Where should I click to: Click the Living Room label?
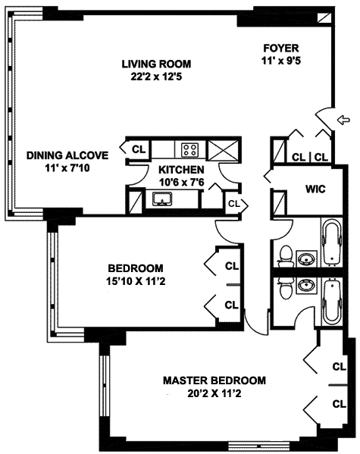pyautogui.click(x=156, y=64)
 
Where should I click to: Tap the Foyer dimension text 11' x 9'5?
pyautogui.click(x=280, y=61)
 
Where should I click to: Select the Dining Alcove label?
pyautogui.click(x=67, y=155)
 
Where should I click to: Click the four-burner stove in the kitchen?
pyautogui.click(x=190, y=150)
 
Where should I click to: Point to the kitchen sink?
pyautogui.click(x=162, y=199)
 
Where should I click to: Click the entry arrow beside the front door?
pyautogui.click(x=343, y=119)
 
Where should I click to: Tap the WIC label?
pyautogui.click(x=315, y=189)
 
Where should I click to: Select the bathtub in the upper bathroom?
pyautogui.click(x=332, y=243)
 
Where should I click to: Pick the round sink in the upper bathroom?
pyautogui.click(x=306, y=258)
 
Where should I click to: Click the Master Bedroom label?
pyautogui.click(x=214, y=380)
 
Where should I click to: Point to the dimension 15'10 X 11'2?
pyautogui.click(x=136, y=281)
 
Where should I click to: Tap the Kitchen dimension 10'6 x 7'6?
pyautogui.click(x=182, y=183)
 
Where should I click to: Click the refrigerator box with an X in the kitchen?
pyautogui.click(x=224, y=150)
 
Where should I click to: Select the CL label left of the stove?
pyautogui.click(x=139, y=149)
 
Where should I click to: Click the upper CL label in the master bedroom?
pyautogui.click(x=339, y=367)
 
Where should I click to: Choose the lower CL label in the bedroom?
pyautogui.click(x=231, y=305)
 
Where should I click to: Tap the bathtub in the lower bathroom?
pyautogui.click(x=332, y=302)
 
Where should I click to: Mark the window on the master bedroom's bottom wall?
pyautogui.click(x=247, y=444)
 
